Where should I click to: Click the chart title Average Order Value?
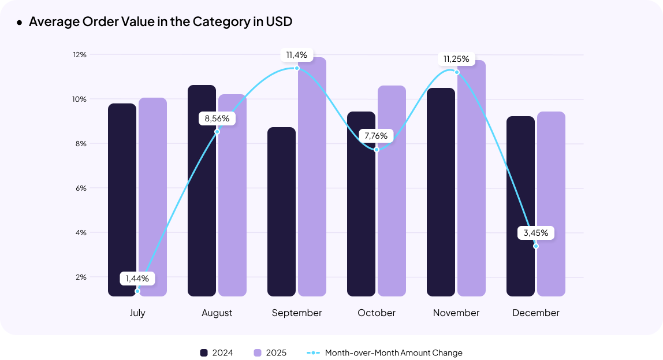click(x=161, y=22)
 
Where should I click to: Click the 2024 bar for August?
click(x=202, y=191)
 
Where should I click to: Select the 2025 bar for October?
click(x=392, y=191)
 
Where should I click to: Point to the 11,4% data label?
click(x=297, y=55)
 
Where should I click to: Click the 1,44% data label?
click(x=137, y=279)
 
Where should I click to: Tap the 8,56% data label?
click(x=217, y=118)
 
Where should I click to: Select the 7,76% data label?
click(x=377, y=136)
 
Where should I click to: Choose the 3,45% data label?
click(x=536, y=233)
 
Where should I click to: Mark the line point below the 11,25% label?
click(x=457, y=72)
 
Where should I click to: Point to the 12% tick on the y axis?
click(x=79, y=54)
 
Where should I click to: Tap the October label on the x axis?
click(x=377, y=313)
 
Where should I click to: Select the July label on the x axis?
click(x=137, y=313)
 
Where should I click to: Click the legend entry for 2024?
click(x=217, y=352)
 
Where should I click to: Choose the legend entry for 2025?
click(x=270, y=352)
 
